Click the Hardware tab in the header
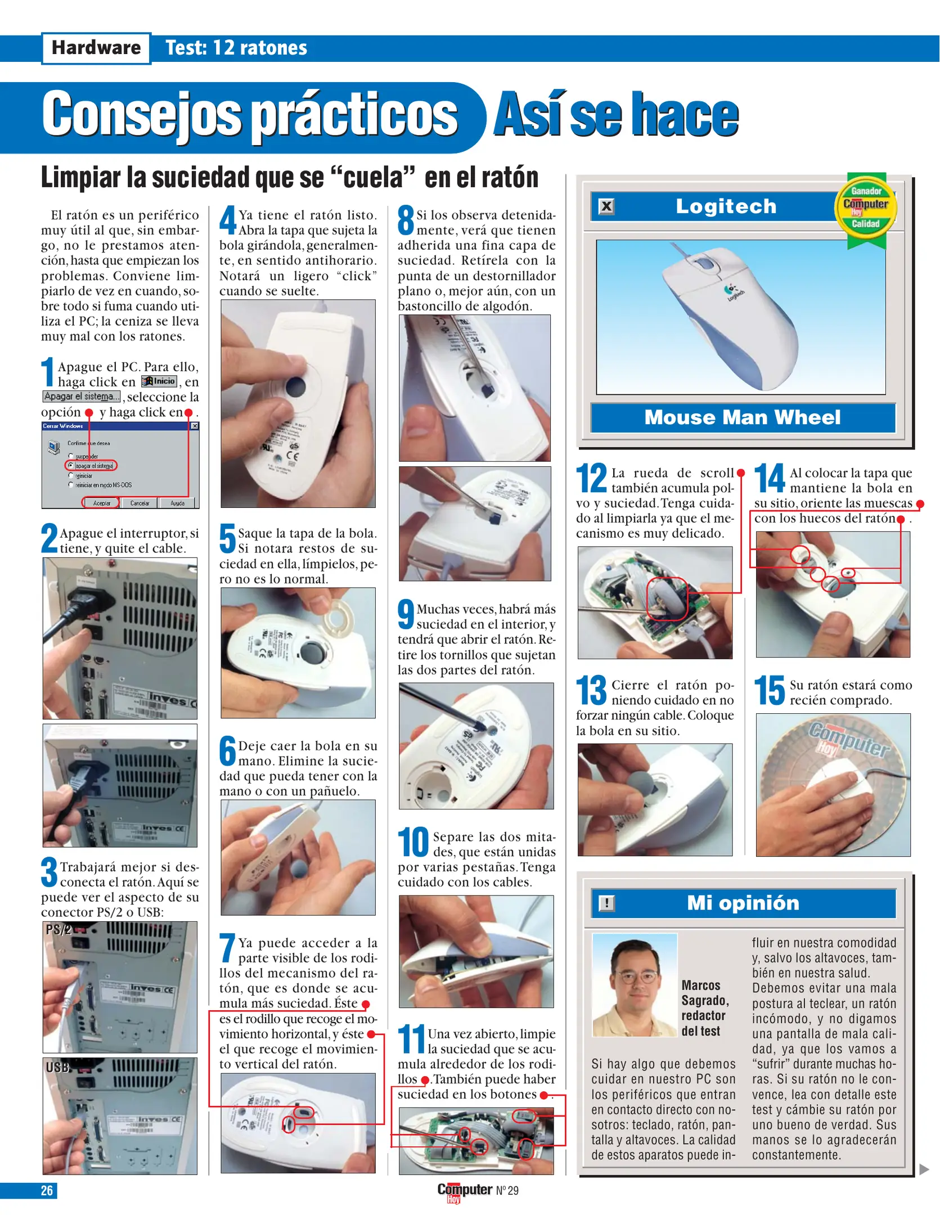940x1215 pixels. click(96, 48)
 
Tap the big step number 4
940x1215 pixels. click(228, 220)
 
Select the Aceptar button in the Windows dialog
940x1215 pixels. click(101, 503)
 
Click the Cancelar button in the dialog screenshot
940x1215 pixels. click(140, 503)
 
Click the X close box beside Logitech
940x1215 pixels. click(606, 206)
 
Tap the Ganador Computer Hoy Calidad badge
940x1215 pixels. click(866, 208)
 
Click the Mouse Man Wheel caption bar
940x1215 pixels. click(742, 417)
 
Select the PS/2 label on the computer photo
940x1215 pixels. click(59, 929)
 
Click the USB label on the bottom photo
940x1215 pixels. click(57, 1067)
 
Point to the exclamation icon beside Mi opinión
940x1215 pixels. click(606, 903)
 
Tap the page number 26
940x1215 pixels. click(47, 1190)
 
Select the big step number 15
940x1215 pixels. click(769, 691)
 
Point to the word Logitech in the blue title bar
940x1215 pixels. click(726, 206)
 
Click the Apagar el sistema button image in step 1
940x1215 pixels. click(82, 397)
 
